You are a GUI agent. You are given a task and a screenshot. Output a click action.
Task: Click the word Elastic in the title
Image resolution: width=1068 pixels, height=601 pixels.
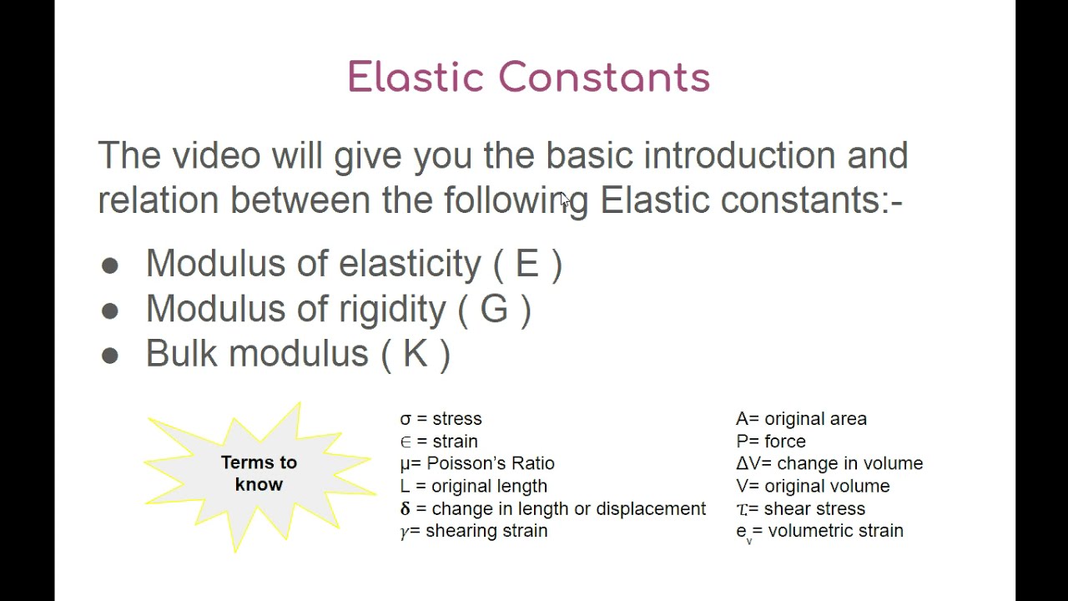415,78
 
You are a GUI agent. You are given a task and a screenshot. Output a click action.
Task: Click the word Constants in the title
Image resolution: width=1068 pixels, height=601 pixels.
604,78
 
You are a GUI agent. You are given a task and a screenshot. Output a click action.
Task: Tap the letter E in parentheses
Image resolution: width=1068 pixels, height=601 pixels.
527,264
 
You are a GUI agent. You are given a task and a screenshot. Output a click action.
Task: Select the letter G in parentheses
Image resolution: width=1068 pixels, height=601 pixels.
494,309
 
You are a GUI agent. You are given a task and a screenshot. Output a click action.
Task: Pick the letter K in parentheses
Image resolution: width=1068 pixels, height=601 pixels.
416,354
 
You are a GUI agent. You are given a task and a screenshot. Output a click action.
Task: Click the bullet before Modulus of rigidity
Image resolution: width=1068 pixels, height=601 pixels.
109,311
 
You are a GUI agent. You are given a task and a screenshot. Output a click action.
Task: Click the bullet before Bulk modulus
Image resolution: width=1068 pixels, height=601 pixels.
109,356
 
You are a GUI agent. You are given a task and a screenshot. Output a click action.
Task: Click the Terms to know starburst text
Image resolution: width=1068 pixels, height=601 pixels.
259,473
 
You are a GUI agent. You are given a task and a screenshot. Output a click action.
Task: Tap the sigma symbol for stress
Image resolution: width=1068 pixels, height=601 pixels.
406,419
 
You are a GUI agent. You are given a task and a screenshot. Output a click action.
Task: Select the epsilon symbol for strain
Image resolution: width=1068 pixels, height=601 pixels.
406,442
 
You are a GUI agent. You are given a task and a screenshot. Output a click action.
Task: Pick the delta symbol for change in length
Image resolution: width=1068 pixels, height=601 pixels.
406,509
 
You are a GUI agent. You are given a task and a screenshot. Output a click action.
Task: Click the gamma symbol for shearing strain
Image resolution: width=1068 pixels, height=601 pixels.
405,532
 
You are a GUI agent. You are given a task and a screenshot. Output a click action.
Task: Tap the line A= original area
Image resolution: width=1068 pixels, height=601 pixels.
801,419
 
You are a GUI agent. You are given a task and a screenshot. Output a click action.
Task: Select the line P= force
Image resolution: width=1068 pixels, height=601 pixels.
770,442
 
